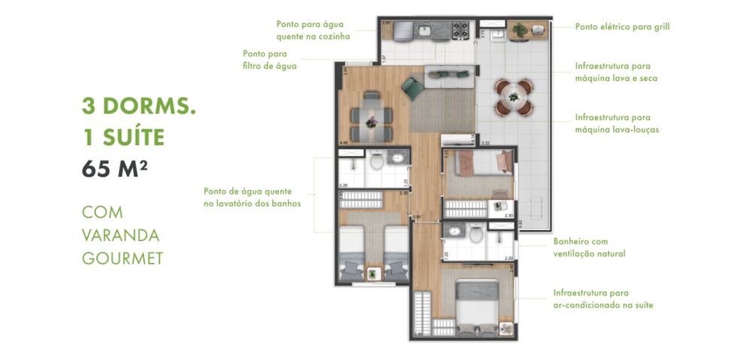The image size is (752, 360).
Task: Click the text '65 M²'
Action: pyautogui.click(x=115, y=168)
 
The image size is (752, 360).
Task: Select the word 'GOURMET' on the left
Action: pyautogui.click(x=122, y=259)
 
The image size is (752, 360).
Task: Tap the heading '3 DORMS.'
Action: pyautogui.click(x=139, y=106)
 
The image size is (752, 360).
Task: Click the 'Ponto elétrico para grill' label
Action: pyautogui.click(x=622, y=27)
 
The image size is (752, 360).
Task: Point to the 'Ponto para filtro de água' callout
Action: pyautogui.click(x=269, y=59)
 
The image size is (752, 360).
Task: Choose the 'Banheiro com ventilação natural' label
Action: pyautogui.click(x=589, y=247)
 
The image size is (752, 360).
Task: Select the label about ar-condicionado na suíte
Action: pyautogui.click(x=603, y=298)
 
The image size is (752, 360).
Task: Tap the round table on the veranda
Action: pyautogui.click(x=514, y=98)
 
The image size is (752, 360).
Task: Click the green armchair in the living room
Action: pyautogui.click(x=413, y=89)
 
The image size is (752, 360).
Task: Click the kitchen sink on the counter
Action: pyautogui.click(x=425, y=31)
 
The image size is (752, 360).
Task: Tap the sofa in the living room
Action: pyautogui.click(x=449, y=73)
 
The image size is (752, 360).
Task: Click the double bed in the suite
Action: pyautogui.click(x=477, y=304)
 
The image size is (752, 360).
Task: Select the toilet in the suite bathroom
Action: pyautogui.click(x=475, y=235)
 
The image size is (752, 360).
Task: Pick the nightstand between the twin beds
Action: pyautogui.click(x=373, y=274)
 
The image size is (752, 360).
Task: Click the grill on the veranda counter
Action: pyautogui.click(x=538, y=30)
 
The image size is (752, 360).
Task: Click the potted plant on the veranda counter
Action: pyautogui.click(x=519, y=30)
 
